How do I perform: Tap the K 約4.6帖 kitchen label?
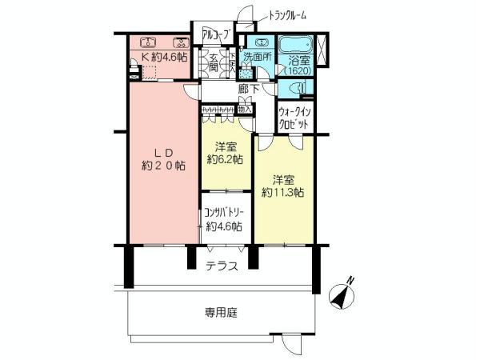pos(165,58)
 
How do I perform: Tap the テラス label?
pos(222,266)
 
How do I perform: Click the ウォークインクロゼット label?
pos(295,118)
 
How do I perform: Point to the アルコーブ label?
pos(215,34)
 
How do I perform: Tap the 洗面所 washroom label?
pos(258,56)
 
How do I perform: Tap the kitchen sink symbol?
pos(146,42)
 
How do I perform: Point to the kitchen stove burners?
pos(182,42)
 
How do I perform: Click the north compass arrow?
pos(346,294)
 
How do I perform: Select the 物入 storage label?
pos(245,110)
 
